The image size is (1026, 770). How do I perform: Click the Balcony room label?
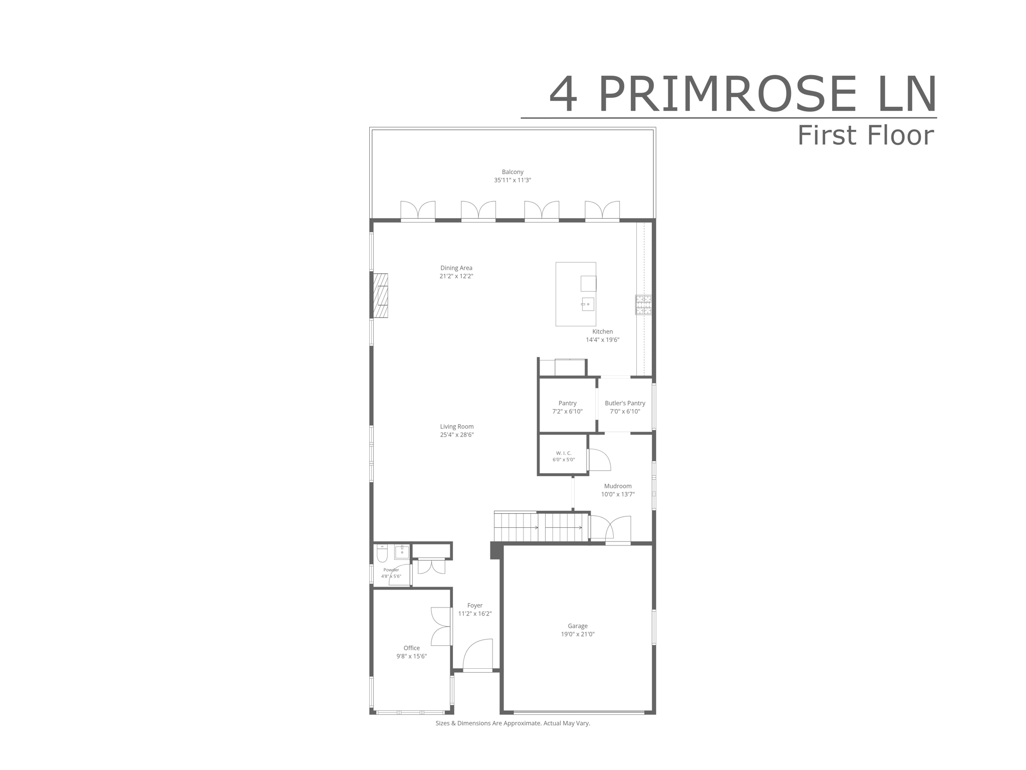[x=512, y=172]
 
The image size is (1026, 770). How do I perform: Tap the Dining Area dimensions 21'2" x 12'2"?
[x=456, y=276]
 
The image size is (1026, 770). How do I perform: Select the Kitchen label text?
[x=603, y=331]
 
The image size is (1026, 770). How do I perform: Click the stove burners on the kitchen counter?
[x=644, y=305]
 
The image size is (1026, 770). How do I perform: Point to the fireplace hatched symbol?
[x=380, y=295]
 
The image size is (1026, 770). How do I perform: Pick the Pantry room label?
[x=568, y=403]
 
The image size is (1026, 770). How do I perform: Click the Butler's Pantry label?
[x=625, y=403]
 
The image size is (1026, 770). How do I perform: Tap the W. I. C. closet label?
[x=564, y=453]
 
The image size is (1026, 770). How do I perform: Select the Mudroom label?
[x=618, y=486]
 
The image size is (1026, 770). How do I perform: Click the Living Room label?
[x=457, y=427]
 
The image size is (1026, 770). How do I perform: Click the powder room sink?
[x=402, y=552]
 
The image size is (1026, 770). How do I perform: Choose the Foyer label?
[x=475, y=606]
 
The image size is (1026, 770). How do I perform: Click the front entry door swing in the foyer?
[x=477, y=655]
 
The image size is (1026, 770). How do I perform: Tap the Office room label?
[x=412, y=648]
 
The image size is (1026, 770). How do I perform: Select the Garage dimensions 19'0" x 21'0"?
[x=578, y=634]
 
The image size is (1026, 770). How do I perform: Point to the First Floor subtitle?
[x=866, y=135]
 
